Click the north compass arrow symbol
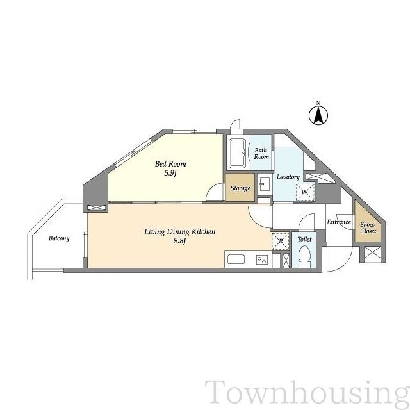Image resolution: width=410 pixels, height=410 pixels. (318, 114)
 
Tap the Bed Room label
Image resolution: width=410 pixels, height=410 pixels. (170, 164)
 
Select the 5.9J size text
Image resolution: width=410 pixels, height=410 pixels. (171, 173)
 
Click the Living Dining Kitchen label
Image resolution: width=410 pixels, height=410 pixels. (180, 232)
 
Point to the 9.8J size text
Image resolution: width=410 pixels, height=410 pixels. (179, 241)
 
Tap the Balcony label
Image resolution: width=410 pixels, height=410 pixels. (59, 238)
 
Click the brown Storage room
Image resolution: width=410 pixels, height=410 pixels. (240, 187)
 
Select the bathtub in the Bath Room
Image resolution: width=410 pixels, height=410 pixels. (238, 154)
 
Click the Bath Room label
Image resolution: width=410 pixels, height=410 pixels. (261, 154)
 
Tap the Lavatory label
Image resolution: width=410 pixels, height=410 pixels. (288, 177)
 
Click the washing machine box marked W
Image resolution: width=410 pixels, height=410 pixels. (305, 192)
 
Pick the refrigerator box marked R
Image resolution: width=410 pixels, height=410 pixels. (281, 241)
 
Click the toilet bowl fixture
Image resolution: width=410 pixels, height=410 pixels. (305, 256)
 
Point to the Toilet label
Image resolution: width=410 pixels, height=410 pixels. (305, 239)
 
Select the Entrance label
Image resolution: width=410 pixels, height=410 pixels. (339, 222)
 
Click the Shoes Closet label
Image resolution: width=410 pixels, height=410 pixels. (368, 227)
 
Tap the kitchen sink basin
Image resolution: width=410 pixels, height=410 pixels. (236, 259)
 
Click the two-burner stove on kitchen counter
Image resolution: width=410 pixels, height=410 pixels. (262, 259)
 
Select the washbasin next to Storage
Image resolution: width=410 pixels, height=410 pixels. (265, 184)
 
